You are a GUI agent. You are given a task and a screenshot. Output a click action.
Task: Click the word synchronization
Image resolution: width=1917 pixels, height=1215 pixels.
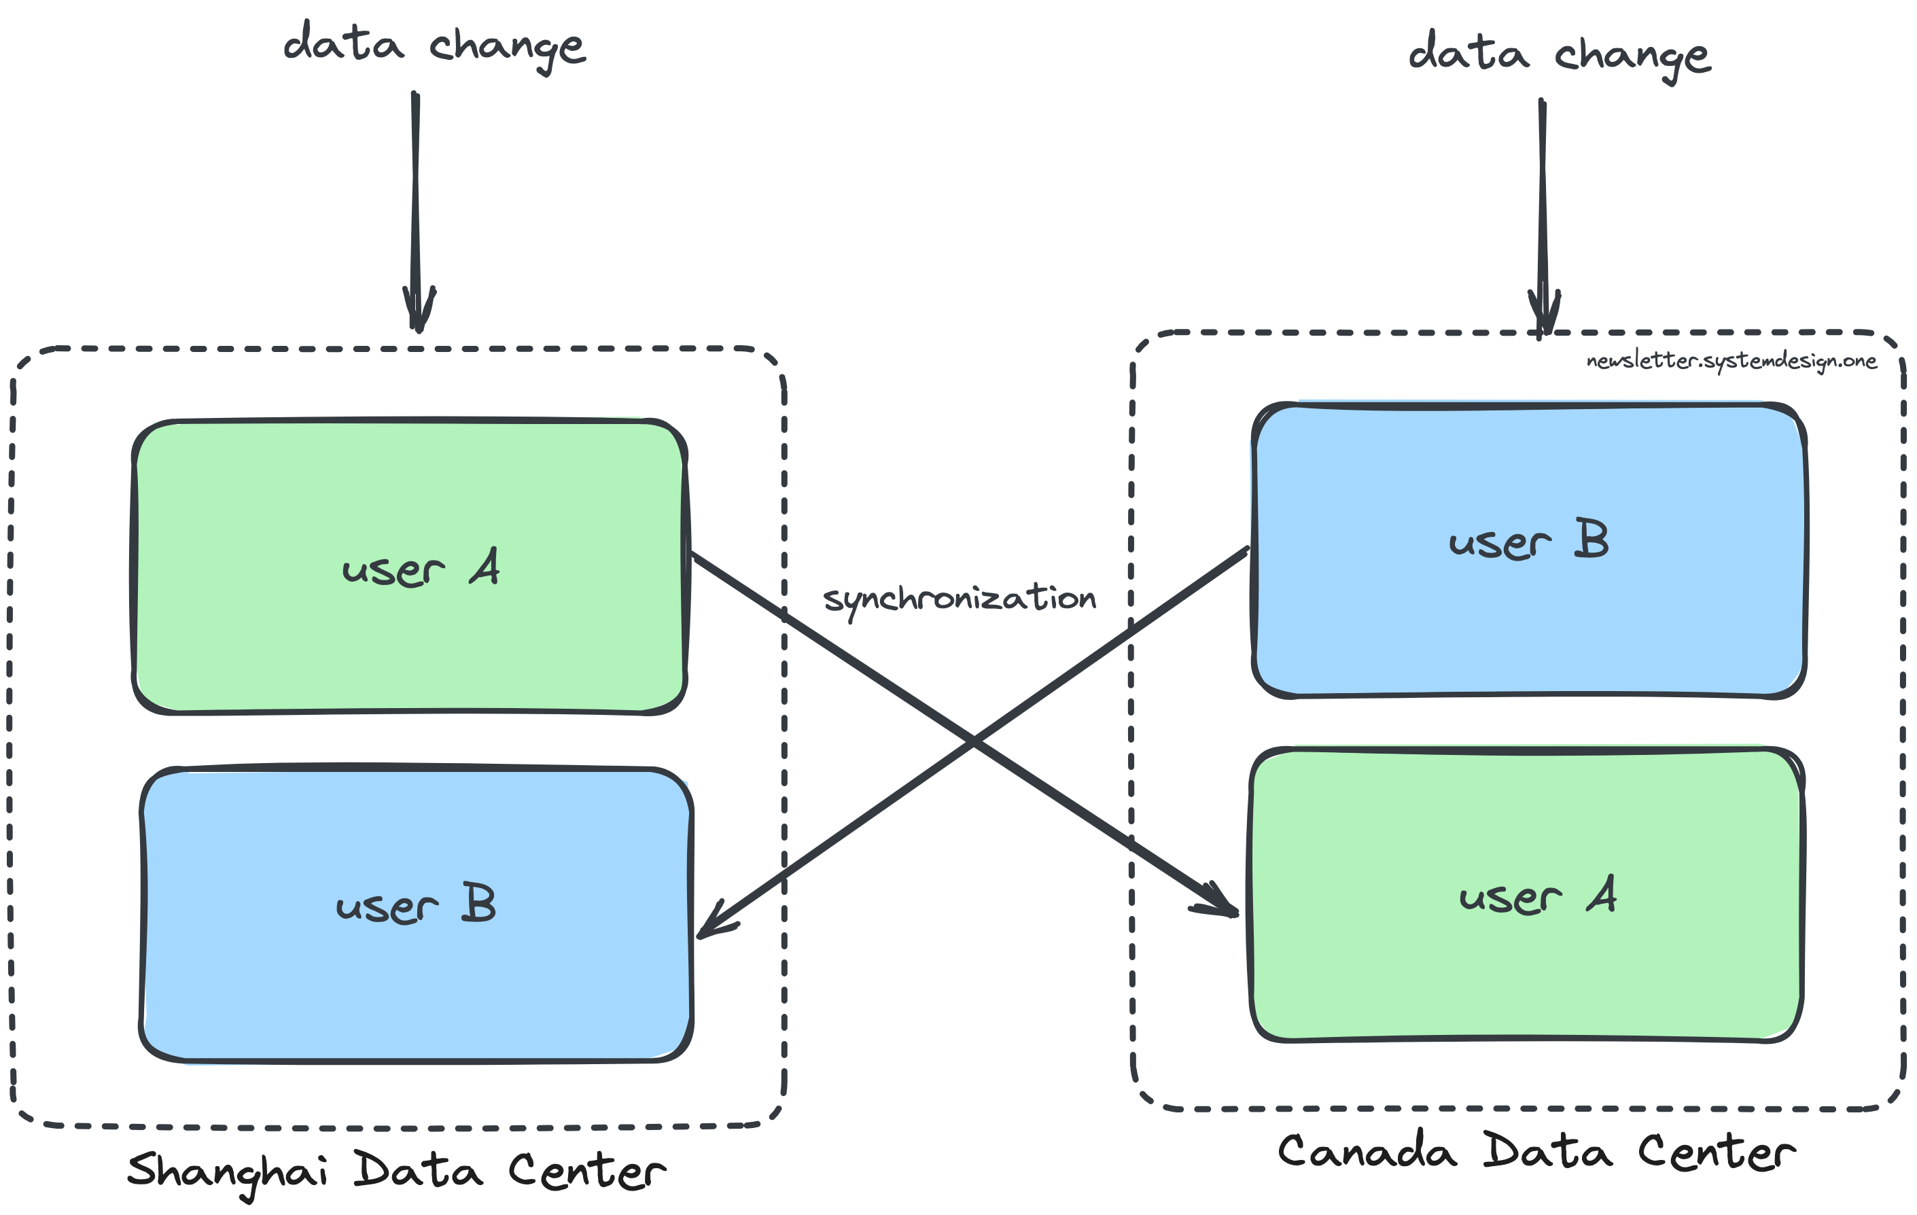click(960, 599)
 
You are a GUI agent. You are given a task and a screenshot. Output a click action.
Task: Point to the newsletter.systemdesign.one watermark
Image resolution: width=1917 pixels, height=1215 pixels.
click(1731, 361)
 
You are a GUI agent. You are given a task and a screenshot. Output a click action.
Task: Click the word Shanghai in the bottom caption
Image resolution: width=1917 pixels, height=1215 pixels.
click(227, 1172)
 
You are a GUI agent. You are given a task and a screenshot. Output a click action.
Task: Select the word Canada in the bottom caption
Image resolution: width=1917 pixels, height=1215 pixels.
click(1366, 1152)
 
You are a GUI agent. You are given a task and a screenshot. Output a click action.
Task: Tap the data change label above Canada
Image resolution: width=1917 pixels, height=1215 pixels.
click(1560, 55)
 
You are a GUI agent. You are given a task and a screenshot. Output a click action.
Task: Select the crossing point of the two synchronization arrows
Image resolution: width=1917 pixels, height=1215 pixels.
click(973, 741)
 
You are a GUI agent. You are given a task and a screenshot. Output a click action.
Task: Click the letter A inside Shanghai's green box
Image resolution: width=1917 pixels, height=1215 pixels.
click(485, 567)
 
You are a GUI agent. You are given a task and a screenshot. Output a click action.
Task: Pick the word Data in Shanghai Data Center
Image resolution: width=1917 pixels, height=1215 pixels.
click(417, 1170)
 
